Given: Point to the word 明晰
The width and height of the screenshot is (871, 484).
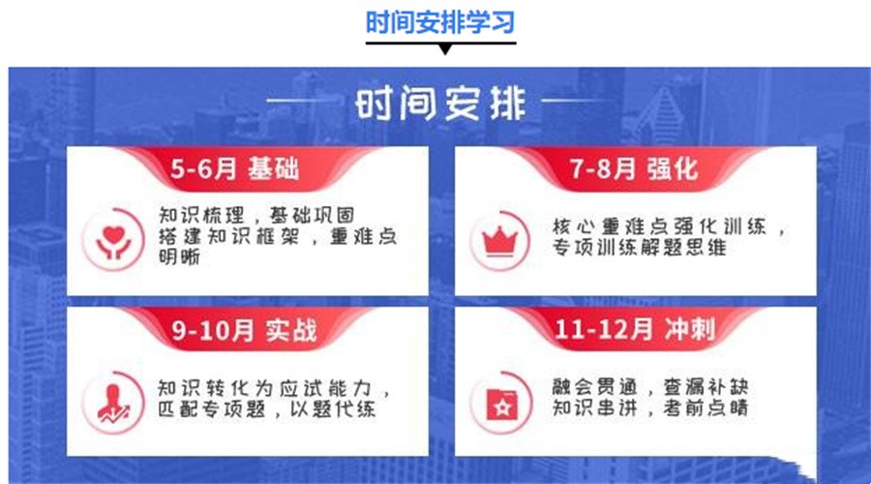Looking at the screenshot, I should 180,257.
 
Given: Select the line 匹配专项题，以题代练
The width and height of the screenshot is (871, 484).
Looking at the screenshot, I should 266,409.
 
